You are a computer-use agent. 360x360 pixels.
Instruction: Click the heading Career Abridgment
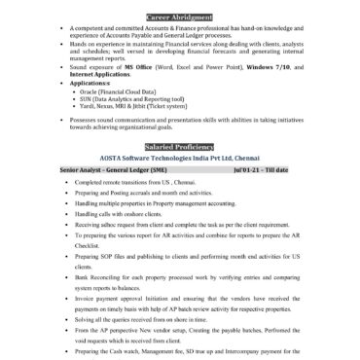coord(179,17)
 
